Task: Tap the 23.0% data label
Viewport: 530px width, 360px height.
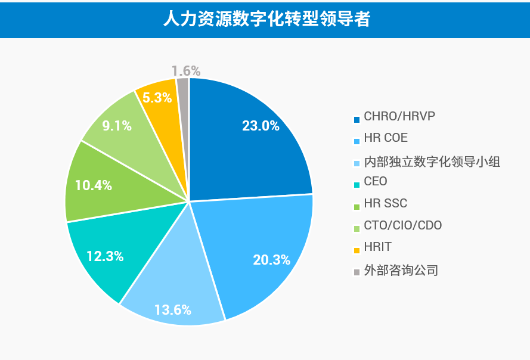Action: point(261,126)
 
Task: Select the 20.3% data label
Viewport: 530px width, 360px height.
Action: point(271,260)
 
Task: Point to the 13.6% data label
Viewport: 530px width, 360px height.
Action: point(172,309)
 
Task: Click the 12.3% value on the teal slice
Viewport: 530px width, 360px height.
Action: point(105,256)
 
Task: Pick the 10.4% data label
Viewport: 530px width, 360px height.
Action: point(94,185)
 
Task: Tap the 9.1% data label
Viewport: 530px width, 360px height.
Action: point(117,126)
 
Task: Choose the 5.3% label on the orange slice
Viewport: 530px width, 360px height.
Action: point(158,97)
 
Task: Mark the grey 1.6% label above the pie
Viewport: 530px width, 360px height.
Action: point(185,71)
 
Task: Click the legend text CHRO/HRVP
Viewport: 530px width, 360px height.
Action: point(399,116)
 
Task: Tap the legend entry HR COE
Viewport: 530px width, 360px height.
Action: point(386,138)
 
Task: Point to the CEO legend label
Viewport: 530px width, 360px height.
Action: point(376,181)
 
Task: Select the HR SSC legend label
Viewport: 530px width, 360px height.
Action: point(385,203)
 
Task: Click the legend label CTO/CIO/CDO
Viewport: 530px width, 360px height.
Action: point(403,225)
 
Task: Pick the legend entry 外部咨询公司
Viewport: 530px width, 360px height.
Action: point(401,270)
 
